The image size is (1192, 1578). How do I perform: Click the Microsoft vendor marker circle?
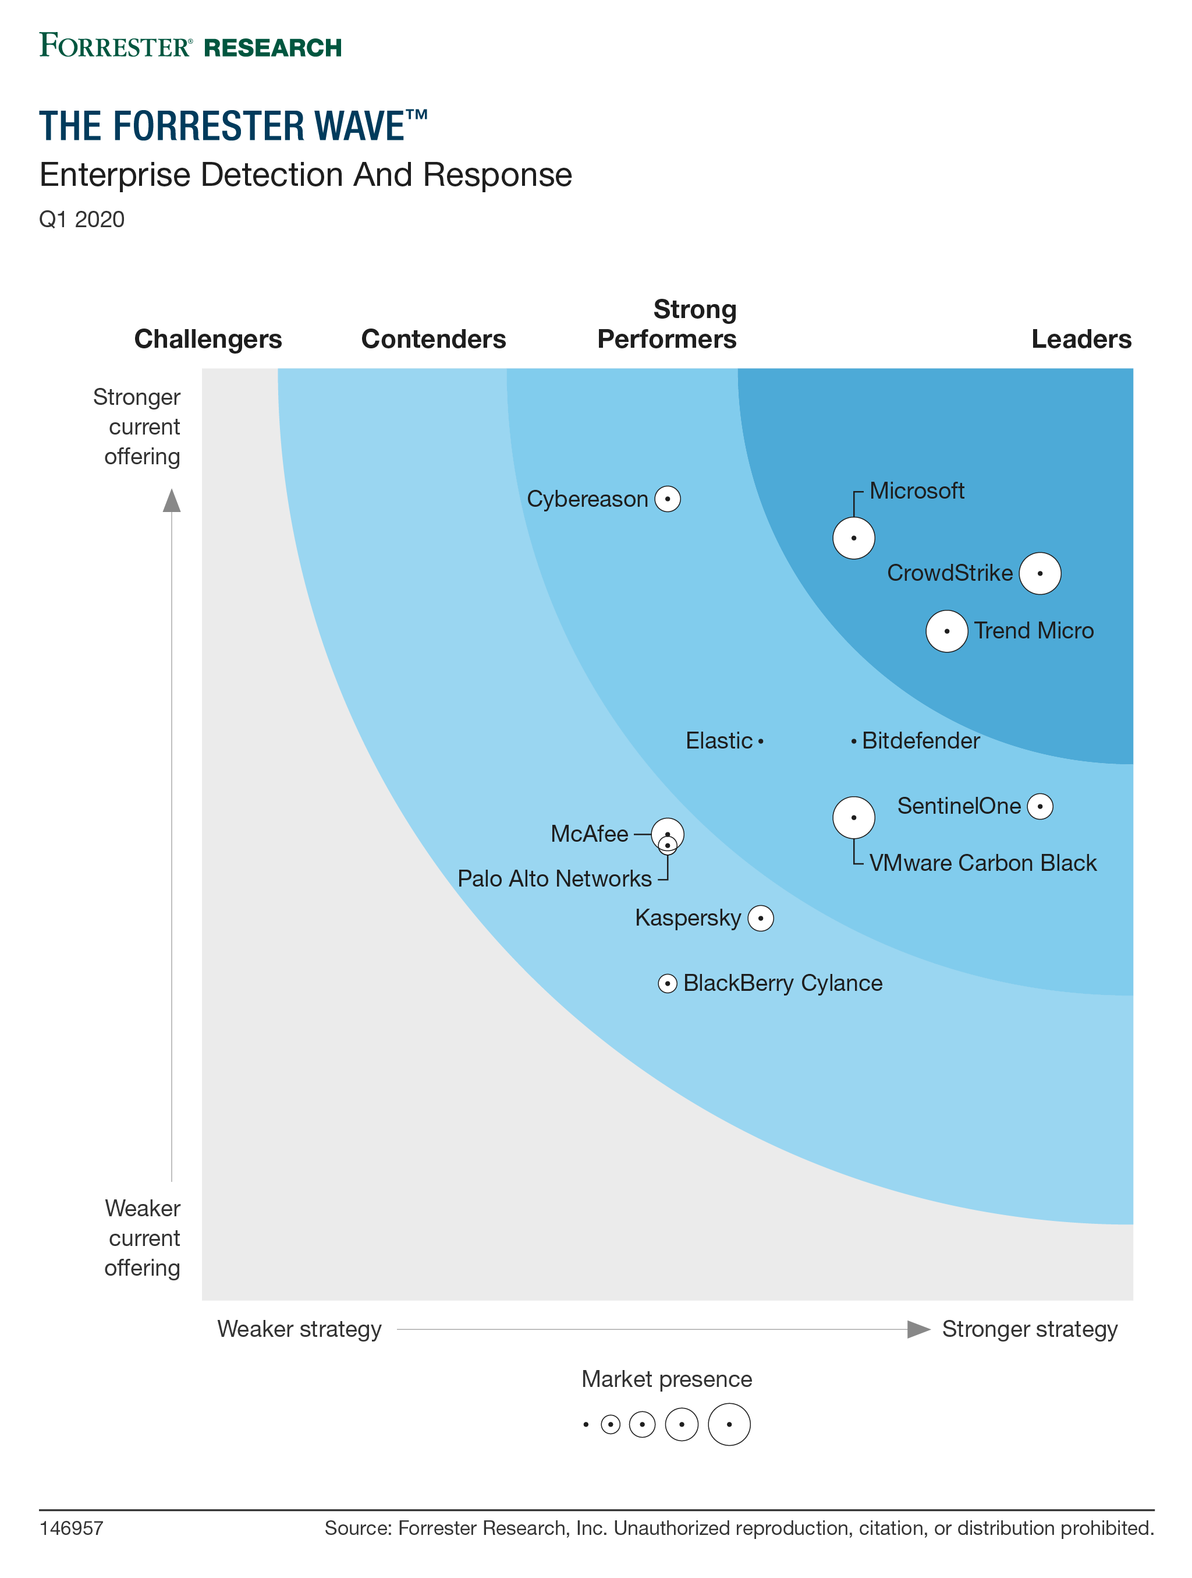(x=853, y=538)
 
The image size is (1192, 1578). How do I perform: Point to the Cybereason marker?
(x=667, y=499)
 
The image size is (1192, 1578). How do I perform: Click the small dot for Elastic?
(x=761, y=742)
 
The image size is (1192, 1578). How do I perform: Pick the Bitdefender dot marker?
(x=853, y=742)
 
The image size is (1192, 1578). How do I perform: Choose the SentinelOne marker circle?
(x=1040, y=806)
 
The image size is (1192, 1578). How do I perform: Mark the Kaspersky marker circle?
(x=761, y=918)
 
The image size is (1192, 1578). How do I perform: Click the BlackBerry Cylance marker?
(x=667, y=984)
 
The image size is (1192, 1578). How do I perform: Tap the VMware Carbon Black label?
(x=982, y=863)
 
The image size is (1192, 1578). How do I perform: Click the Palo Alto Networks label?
(x=555, y=879)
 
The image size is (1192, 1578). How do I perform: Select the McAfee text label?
(x=590, y=834)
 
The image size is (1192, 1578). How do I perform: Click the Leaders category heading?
(x=1081, y=339)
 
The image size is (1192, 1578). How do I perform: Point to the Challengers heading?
(x=208, y=339)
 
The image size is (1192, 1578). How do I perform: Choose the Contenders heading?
(x=434, y=339)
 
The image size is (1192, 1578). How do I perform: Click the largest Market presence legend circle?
(x=729, y=1425)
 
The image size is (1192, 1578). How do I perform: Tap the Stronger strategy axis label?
(x=1030, y=1329)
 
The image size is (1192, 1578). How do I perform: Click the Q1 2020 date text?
(x=82, y=219)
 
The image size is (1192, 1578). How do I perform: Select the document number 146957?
(x=71, y=1528)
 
